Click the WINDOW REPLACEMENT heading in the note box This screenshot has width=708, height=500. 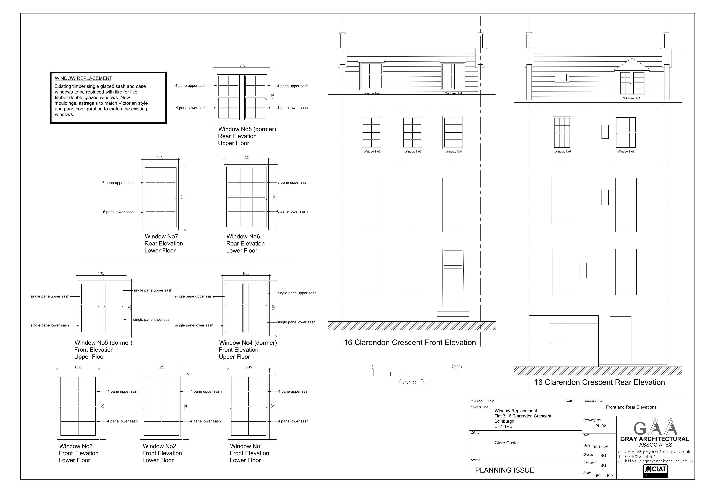click(83, 78)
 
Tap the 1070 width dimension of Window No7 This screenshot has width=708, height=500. click(160, 157)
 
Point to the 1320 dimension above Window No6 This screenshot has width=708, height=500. click(246, 157)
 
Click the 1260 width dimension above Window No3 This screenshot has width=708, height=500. click(78, 367)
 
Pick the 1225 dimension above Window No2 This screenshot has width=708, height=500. click(161, 367)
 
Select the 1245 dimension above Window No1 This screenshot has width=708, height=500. click(249, 367)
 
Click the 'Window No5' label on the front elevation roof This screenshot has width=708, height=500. click(372, 93)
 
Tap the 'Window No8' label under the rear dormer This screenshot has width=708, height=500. click(632, 99)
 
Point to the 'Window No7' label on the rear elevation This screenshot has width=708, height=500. click(563, 152)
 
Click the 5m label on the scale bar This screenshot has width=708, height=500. click(457, 366)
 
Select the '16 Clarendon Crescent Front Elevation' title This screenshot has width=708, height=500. click(410, 343)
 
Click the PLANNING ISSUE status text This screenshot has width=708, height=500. click(505, 470)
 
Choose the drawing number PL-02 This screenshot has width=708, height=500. click(600, 426)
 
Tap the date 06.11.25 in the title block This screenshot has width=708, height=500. click(600, 447)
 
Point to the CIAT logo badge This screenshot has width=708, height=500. click(655, 471)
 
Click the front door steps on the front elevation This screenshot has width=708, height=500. click(452, 316)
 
